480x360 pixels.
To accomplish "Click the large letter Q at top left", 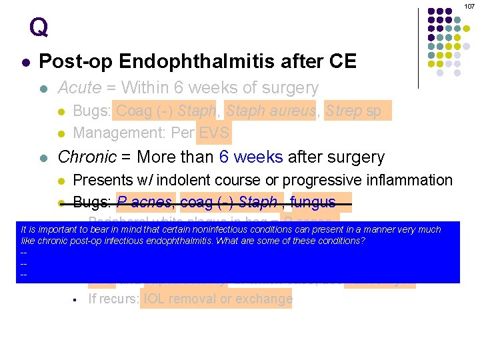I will tap(39, 27).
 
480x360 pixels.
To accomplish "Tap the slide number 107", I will tap(470, 5).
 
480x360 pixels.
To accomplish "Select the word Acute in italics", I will tap(80, 88).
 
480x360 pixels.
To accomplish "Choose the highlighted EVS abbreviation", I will tap(214, 133).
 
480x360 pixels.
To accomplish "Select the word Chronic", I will tap(84, 157).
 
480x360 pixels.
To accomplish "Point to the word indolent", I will tap(206, 180).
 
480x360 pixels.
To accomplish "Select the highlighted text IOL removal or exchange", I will tap(217, 299).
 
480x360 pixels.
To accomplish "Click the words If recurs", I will tap(112, 299).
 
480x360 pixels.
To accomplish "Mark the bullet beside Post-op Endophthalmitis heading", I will tap(25, 63).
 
